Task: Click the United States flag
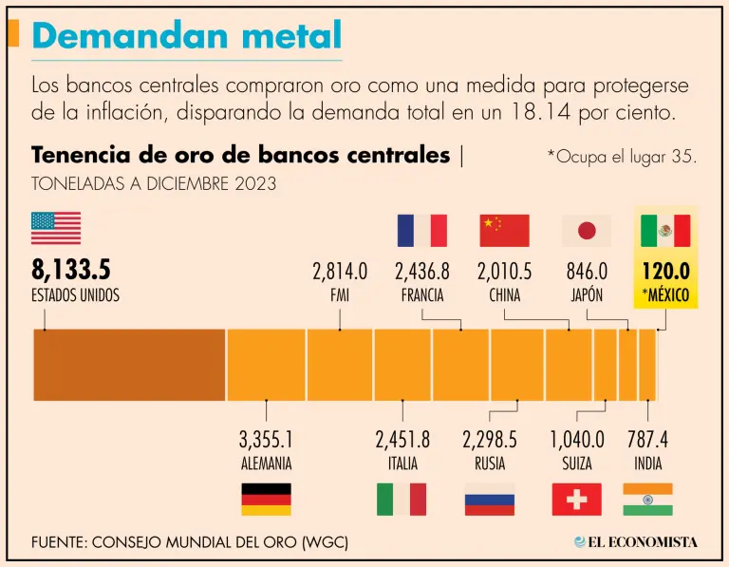click(x=56, y=229)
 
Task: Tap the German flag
click(x=267, y=499)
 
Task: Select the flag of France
click(x=421, y=230)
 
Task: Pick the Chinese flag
click(x=504, y=230)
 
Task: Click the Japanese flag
click(x=587, y=230)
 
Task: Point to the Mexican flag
click(x=665, y=230)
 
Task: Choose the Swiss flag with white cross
click(x=576, y=499)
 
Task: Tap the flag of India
click(x=648, y=499)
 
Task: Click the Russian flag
click(x=490, y=499)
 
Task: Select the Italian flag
click(x=402, y=499)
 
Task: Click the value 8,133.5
click(x=71, y=271)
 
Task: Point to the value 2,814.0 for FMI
click(x=340, y=272)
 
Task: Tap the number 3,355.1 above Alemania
click(x=266, y=441)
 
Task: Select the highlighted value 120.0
click(x=664, y=272)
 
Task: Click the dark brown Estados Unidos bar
click(x=129, y=365)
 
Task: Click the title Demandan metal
click(x=186, y=35)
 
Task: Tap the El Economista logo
click(x=635, y=542)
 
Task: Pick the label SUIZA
click(x=576, y=464)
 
